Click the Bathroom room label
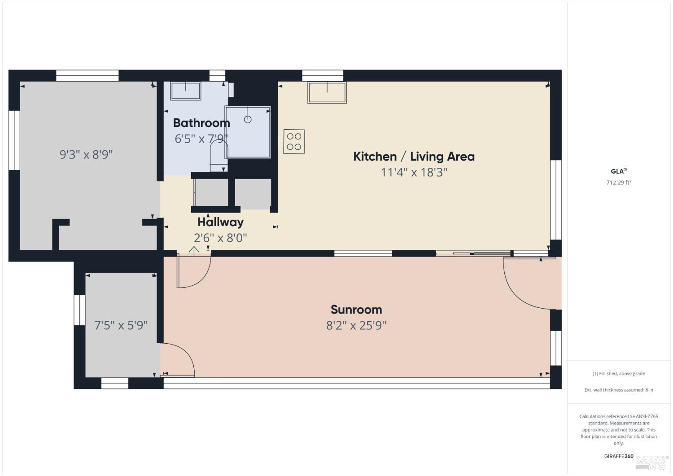tap(201, 123)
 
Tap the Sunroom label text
tap(356, 310)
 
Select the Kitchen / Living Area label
tap(414, 157)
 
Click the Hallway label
tap(220, 222)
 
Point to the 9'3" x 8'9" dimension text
tap(86, 155)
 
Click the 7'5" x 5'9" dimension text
tap(121, 325)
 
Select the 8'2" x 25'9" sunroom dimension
tap(356, 325)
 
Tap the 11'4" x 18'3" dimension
tap(414, 172)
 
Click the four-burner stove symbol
tap(294, 141)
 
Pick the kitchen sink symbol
tap(327, 92)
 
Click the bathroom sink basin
tap(185, 91)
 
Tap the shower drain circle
tap(248, 119)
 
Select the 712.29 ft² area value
tap(619, 183)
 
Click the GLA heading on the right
tap(618, 171)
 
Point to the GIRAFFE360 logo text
tap(619, 456)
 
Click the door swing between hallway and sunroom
tap(194, 271)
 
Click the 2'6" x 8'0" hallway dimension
tap(220, 238)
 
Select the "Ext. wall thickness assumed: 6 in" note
tap(619, 390)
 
